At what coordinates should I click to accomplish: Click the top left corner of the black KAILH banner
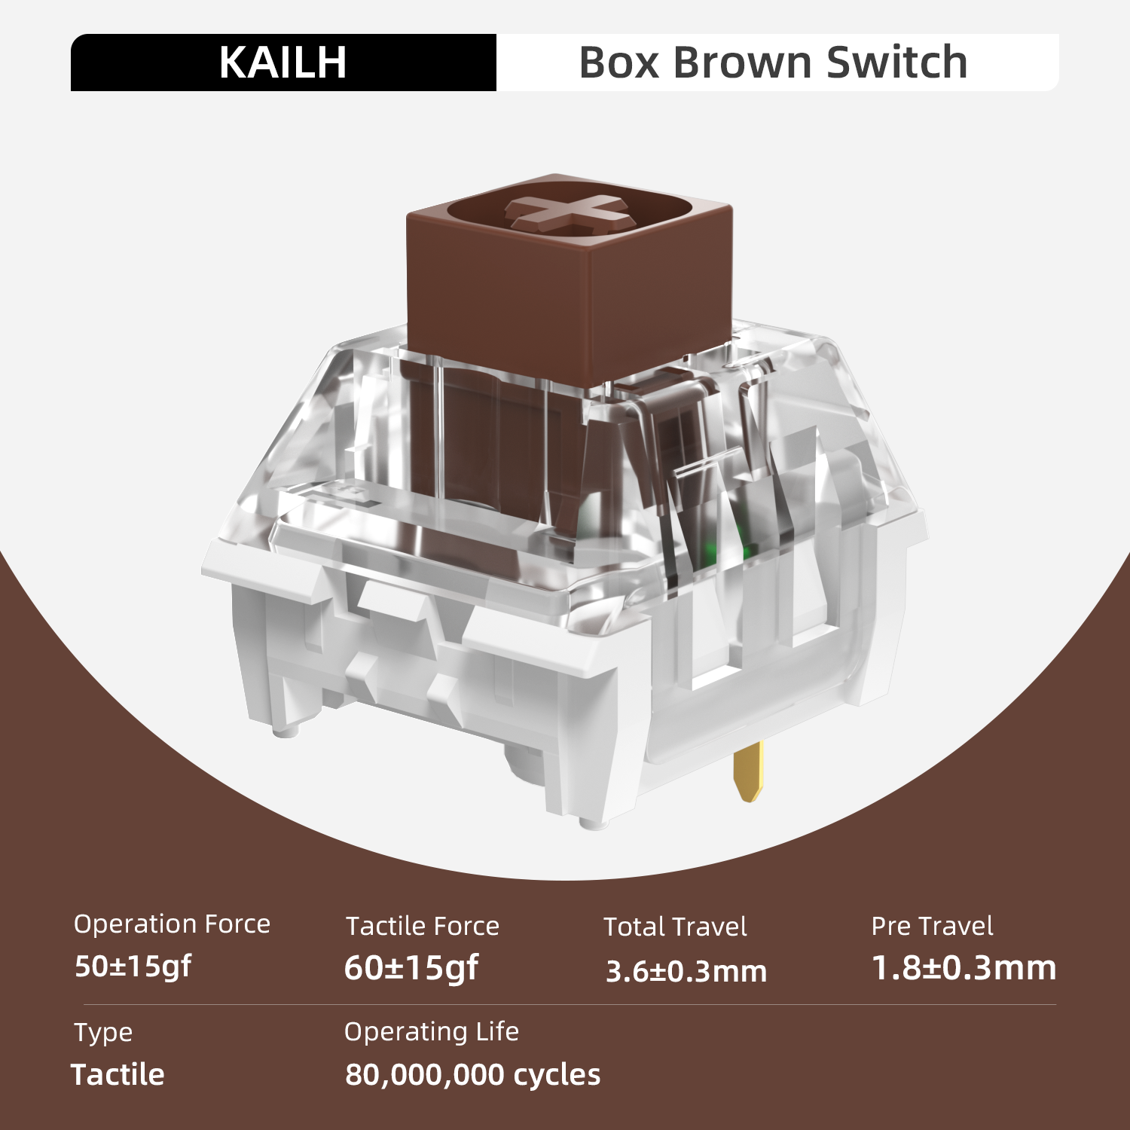[71, 34]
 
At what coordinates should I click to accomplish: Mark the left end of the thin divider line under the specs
[83, 1004]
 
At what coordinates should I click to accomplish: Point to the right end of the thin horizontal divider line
[1056, 1004]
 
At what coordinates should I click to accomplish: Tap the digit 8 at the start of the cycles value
[353, 1075]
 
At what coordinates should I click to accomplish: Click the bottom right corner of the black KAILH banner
[496, 91]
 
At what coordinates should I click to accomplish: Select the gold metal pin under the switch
[750, 771]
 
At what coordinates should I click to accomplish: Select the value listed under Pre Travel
[964, 968]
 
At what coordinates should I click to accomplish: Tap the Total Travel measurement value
[686, 972]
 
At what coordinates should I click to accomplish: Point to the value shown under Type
[118, 1075]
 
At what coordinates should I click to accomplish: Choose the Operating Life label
[432, 1031]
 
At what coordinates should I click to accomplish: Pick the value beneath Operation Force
[133, 967]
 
